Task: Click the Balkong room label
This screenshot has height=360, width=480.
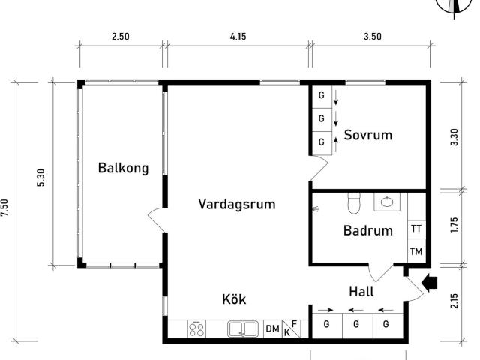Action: (123, 168)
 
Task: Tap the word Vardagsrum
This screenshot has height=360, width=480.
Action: (237, 204)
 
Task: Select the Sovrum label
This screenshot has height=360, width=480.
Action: (368, 135)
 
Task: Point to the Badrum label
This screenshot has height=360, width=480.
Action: (368, 230)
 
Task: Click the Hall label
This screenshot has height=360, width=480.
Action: (361, 292)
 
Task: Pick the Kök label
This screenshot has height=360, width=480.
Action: (234, 298)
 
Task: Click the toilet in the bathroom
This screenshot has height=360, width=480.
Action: (354, 202)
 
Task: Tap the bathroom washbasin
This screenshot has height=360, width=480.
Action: (387, 202)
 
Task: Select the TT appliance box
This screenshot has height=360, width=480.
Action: (417, 229)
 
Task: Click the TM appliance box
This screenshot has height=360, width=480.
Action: (417, 251)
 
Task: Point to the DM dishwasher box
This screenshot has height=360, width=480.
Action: (273, 328)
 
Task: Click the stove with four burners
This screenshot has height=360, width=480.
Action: (196, 329)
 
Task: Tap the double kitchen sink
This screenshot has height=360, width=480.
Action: (243, 329)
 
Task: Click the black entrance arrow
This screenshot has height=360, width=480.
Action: (430, 283)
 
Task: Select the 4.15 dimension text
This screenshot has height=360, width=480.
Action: (238, 37)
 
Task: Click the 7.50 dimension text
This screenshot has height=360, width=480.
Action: (4, 208)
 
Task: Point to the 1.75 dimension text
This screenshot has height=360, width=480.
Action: (454, 225)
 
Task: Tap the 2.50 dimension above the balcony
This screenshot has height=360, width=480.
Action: (120, 37)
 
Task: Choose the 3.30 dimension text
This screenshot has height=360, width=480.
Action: (454, 137)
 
